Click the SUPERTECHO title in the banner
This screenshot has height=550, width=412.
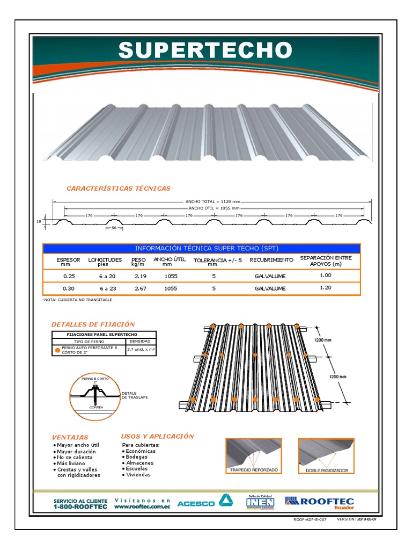pyautogui.click(x=205, y=50)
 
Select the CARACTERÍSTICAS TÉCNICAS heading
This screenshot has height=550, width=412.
pyautogui.click(x=118, y=188)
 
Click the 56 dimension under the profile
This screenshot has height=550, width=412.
pyautogui.click(x=114, y=228)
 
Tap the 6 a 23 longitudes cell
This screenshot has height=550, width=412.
pyautogui.click(x=107, y=288)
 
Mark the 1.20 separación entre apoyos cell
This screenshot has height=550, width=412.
pyautogui.click(x=326, y=287)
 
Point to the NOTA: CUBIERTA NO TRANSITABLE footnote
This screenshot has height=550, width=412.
pyautogui.click(x=78, y=300)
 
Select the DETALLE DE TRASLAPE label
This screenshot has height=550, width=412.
pyautogui.click(x=135, y=395)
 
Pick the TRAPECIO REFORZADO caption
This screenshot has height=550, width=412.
pyautogui.click(x=254, y=469)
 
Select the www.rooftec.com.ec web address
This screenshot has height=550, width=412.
pyautogui.click(x=142, y=506)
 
